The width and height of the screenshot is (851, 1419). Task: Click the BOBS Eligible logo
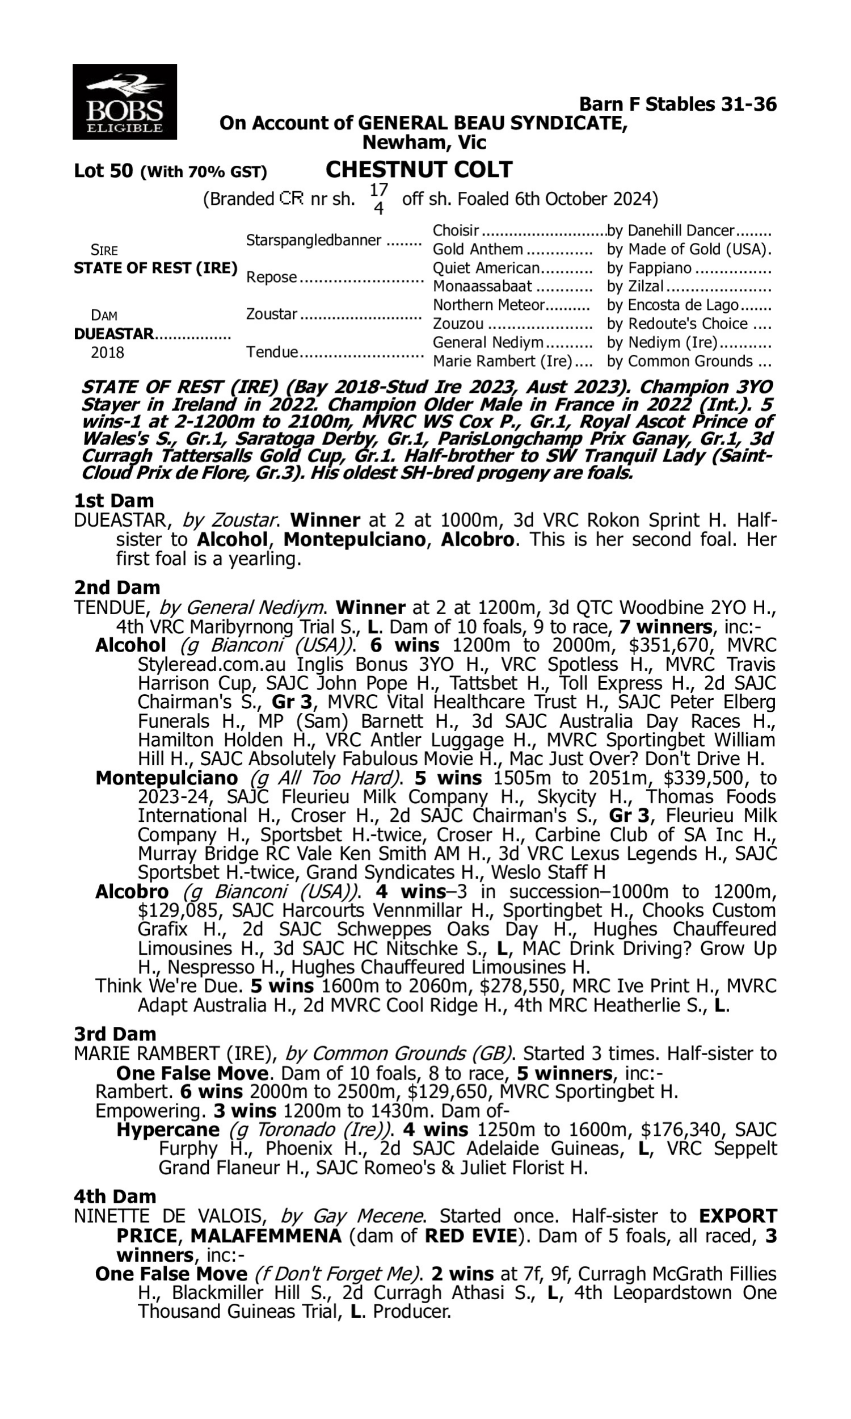pos(124,102)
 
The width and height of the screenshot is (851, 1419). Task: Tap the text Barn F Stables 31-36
pos(678,104)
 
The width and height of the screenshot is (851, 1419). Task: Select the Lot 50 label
pos(103,171)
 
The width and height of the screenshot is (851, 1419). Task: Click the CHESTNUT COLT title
pos(419,170)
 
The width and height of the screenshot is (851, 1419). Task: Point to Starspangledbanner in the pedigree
pos(313,240)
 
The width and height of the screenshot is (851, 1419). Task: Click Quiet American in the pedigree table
pos(486,268)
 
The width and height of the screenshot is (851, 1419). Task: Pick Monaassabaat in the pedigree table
pos(482,286)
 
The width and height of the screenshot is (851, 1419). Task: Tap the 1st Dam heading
pos(113,501)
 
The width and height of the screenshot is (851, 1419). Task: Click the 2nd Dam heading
pos(117,587)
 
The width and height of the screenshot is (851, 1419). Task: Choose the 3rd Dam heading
pos(115,1034)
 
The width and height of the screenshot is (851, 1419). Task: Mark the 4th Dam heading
pos(115,1196)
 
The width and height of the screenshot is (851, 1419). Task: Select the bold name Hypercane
pos(168,1130)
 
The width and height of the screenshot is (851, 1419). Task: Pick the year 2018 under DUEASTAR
pos(107,352)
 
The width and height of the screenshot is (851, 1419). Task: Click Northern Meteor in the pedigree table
pos(488,305)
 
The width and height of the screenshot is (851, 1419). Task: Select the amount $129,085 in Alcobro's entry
pos(178,910)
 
